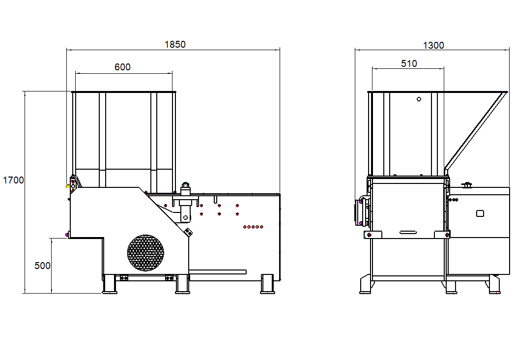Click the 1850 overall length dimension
click(x=175, y=44)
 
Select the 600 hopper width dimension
click(x=122, y=67)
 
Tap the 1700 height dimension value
click(x=13, y=180)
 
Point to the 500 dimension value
click(x=42, y=266)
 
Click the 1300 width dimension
click(x=433, y=45)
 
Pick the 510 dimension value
click(x=409, y=63)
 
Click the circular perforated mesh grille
click(x=145, y=253)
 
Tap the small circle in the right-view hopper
click(x=419, y=99)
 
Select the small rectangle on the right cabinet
click(x=480, y=213)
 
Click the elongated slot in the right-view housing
click(x=408, y=233)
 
